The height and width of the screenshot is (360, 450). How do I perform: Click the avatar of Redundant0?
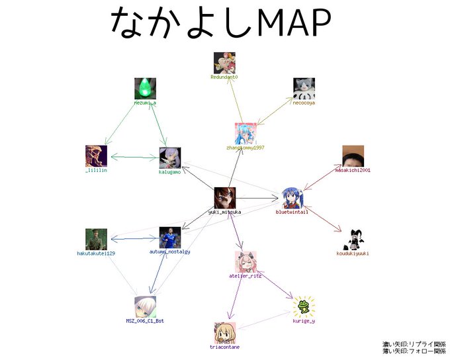(224, 63)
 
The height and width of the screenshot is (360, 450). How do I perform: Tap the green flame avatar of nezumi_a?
(145, 89)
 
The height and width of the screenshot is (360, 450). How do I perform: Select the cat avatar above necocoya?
(304, 89)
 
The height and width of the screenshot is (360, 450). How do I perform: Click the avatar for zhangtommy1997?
(245, 133)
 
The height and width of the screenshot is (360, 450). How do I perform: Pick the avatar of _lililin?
(96, 156)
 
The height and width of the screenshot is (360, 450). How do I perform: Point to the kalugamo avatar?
(170, 158)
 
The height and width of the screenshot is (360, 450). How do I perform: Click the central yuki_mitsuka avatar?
(224, 198)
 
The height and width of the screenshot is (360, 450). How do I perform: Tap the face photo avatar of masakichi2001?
(353, 156)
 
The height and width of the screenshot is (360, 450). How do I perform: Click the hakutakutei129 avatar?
(96, 239)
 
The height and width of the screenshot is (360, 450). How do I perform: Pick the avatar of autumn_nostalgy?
(169, 238)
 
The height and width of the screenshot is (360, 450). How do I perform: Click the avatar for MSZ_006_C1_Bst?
(145, 306)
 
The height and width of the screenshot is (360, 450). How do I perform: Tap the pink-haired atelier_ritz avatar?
(245, 261)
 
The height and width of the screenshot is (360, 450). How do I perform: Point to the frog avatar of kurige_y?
(304, 306)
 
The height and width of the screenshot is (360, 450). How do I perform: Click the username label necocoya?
(304, 103)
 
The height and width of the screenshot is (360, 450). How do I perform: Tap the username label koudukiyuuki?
(353, 253)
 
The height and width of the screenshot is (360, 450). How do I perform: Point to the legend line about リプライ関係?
(414, 344)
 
